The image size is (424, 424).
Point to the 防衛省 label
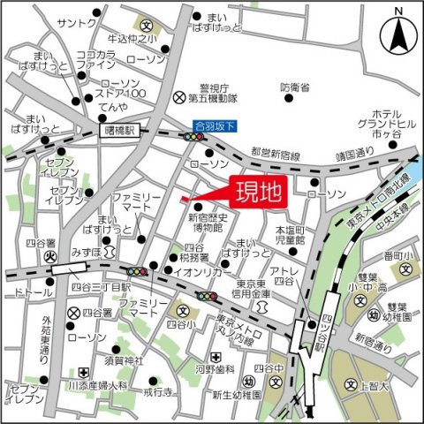click(294, 88)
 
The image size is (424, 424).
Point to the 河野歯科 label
click(214, 371)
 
